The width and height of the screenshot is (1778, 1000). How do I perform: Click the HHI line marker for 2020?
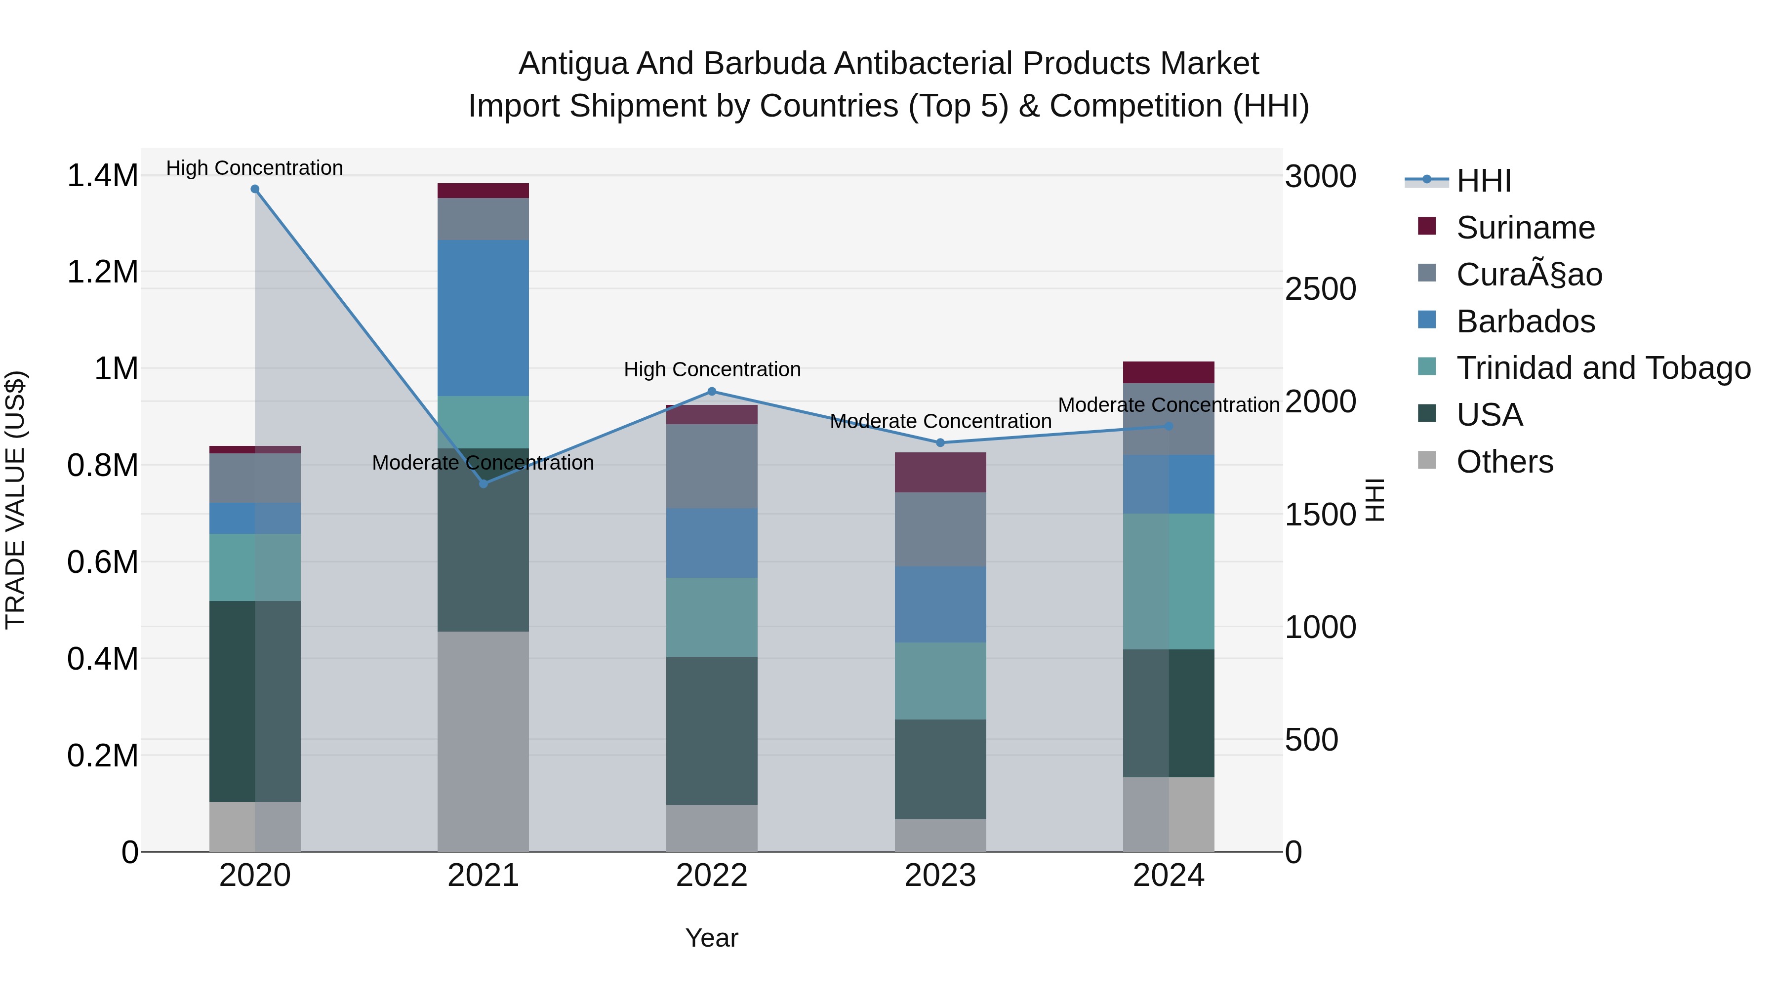tap(255, 189)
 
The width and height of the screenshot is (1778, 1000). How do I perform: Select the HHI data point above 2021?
tap(483, 484)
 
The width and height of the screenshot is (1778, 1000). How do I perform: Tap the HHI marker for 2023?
tap(940, 442)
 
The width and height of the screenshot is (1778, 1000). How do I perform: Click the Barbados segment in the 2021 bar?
tap(483, 318)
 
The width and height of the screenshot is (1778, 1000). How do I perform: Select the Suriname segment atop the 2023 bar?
tap(940, 472)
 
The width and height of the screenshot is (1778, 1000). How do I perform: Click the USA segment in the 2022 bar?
tap(712, 730)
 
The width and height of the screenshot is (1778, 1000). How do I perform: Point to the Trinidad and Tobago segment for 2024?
tap(1169, 581)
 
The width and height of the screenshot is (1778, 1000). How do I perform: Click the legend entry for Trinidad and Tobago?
tap(1603, 368)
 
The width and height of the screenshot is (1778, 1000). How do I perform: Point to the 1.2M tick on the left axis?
tap(103, 272)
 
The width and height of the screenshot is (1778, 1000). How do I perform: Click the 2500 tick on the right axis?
tap(1320, 289)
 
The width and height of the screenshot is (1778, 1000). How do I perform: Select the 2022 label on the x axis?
tap(712, 876)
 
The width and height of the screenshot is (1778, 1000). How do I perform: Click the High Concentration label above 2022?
tap(712, 369)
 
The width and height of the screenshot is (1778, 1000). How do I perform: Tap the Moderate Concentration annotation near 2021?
tap(483, 462)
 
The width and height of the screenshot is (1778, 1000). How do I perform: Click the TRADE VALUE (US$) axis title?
tap(15, 500)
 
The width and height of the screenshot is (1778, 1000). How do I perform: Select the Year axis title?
tap(712, 938)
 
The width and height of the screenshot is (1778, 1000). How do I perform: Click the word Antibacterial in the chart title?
tap(924, 64)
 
